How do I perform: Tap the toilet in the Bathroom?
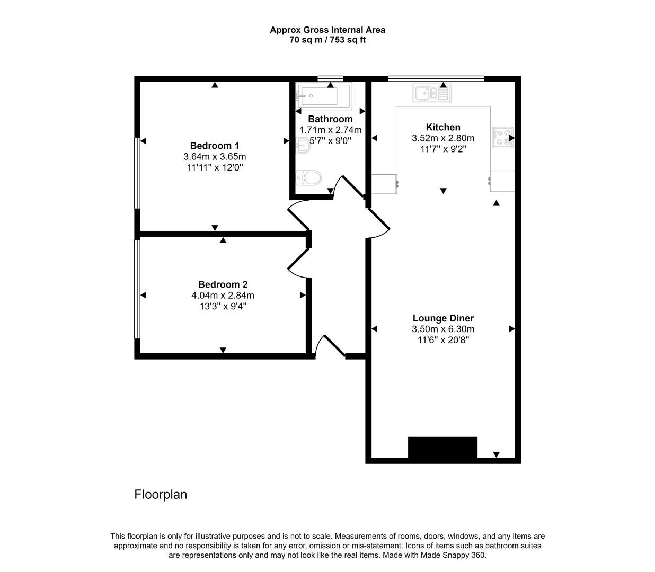coord(309,177)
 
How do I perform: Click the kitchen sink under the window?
coord(432,94)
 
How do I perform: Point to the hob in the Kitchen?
coord(502,138)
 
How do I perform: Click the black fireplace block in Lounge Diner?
coord(442,448)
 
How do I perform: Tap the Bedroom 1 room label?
coord(215,146)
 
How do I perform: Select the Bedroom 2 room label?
coord(223,284)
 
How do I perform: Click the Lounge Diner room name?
coord(443,318)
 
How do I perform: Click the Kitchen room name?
coord(443,127)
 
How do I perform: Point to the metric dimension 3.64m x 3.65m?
coord(215,157)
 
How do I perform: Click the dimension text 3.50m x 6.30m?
coord(443,329)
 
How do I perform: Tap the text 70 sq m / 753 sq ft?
coord(327,40)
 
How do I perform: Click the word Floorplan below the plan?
coord(161,495)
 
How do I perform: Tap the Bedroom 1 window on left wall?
coord(137,173)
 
